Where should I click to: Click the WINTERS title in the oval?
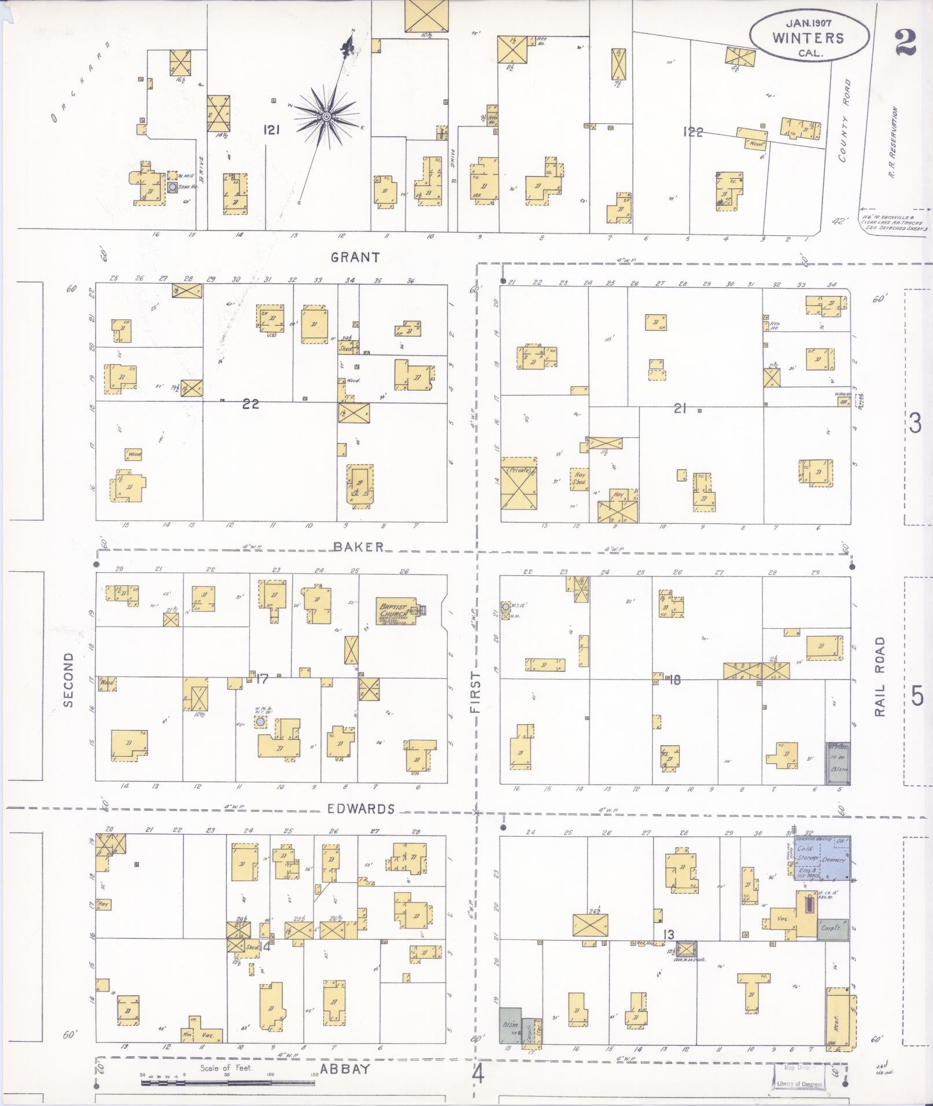(808, 38)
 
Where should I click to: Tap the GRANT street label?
(355, 257)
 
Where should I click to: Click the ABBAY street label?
(345, 1068)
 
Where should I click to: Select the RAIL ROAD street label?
(880, 676)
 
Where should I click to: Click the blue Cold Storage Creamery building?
(821, 858)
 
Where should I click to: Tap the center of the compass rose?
(326, 117)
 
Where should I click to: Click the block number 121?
(271, 130)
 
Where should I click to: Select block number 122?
(692, 132)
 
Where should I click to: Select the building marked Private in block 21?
(518, 483)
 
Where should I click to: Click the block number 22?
(250, 404)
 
